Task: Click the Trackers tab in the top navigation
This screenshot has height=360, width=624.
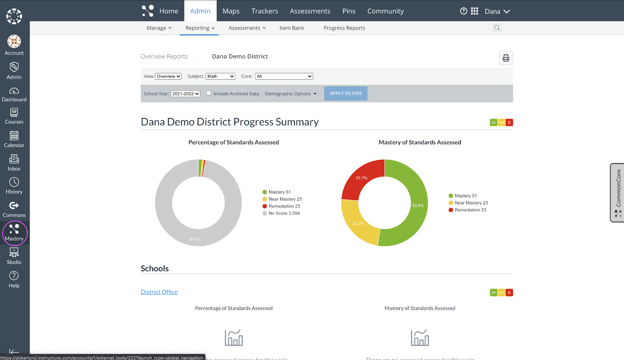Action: [x=264, y=11]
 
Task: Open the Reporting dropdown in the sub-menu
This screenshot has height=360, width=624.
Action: [x=200, y=28]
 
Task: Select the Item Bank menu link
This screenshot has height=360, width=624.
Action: [x=291, y=28]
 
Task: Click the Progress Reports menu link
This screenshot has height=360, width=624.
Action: [x=344, y=28]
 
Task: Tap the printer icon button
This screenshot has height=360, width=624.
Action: [x=505, y=58]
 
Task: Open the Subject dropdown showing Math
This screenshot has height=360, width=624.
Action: [x=220, y=76]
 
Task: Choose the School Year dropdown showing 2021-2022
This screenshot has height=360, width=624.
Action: [x=186, y=94]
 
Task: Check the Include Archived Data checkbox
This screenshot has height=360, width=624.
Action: [x=209, y=93]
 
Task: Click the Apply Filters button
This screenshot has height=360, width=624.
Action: [x=346, y=94]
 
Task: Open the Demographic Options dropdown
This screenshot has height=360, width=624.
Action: [x=291, y=94]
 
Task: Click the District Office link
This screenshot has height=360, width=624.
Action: [x=159, y=292]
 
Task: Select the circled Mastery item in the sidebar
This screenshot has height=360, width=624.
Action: [x=14, y=233]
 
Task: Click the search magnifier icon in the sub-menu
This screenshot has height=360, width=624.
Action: [x=497, y=28]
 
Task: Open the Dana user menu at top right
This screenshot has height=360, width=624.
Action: [x=497, y=12]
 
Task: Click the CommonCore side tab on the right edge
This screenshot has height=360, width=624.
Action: [x=617, y=193]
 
